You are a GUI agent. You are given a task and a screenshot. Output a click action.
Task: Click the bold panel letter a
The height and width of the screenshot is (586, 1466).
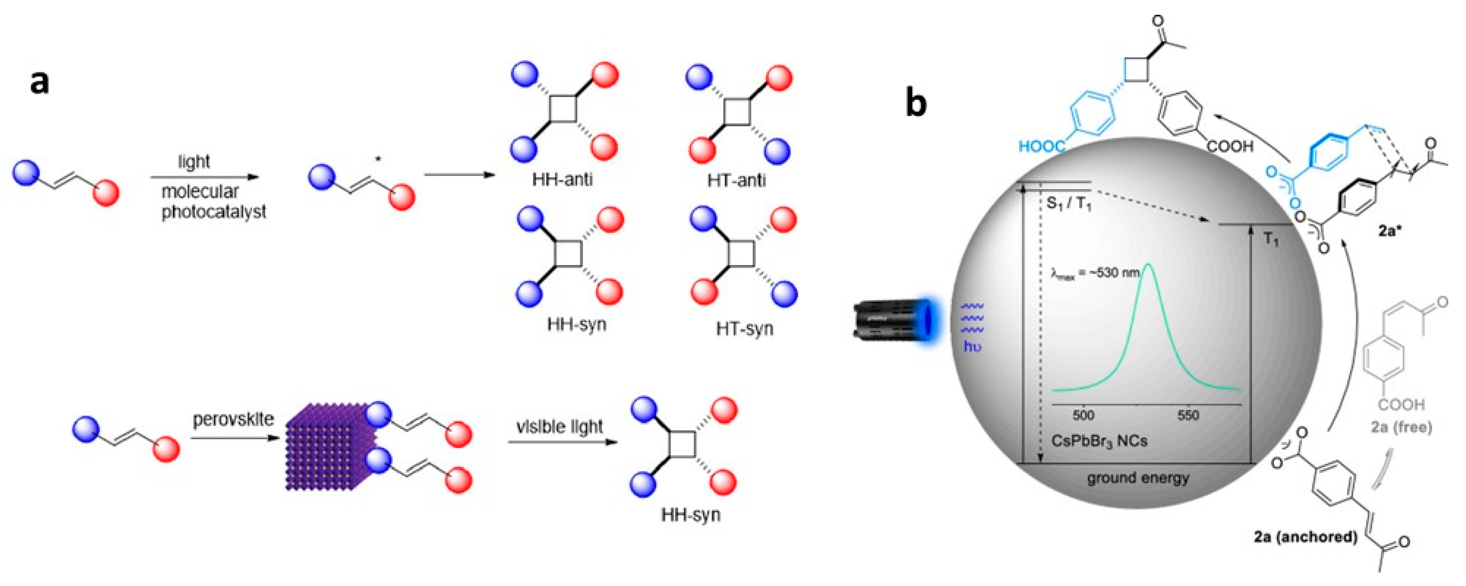tap(39, 82)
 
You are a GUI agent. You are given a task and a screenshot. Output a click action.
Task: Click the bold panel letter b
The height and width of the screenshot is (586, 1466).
tap(916, 103)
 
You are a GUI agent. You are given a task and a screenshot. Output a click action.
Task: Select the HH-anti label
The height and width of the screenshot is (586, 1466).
tap(562, 180)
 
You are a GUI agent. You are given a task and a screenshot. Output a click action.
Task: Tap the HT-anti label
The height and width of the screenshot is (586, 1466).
tap(736, 180)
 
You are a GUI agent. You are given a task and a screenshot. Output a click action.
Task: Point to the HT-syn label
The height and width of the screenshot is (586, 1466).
tap(744, 329)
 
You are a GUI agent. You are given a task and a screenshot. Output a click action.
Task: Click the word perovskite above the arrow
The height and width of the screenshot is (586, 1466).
tap(233, 420)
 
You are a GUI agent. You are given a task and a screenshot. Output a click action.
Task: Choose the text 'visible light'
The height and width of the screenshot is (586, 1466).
tap(559, 427)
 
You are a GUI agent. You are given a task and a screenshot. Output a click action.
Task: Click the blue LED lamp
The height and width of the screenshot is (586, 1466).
tap(890, 320)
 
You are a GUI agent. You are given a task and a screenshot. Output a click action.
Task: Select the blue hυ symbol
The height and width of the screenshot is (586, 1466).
tap(972, 346)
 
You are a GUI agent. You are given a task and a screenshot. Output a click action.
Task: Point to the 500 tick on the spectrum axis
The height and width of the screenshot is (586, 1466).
tap(1083, 415)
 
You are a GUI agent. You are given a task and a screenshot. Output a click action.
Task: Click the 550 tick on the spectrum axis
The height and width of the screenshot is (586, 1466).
tap(1188, 415)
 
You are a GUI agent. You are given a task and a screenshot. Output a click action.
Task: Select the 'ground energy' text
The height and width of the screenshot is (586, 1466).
tap(1138, 477)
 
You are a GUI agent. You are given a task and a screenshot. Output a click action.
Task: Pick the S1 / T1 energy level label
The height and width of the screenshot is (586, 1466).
tap(1069, 203)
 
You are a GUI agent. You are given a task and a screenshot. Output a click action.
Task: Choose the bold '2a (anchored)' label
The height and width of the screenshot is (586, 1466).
tap(1306, 537)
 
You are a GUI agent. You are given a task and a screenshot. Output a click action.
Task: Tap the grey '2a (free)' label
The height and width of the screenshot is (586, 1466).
tap(1401, 427)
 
